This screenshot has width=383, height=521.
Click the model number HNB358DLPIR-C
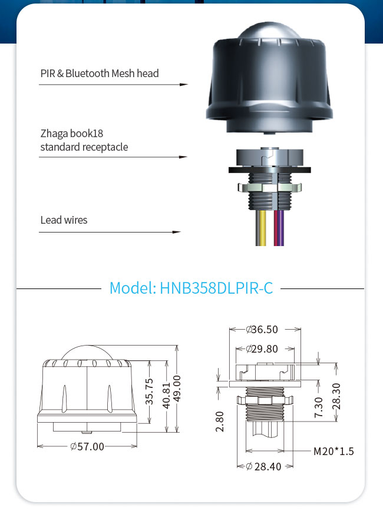(216, 288)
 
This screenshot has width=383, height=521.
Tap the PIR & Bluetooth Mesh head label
(100, 73)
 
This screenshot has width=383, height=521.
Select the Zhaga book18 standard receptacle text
(84, 140)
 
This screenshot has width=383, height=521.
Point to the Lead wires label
(64, 220)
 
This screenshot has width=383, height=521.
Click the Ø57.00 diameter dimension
(87, 446)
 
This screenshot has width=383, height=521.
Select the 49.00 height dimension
(177, 389)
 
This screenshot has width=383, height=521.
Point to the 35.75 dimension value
(150, 391)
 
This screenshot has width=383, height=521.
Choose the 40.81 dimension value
(166, 395)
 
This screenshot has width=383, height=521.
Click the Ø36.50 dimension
(262, 329)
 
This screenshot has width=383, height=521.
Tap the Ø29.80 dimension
(262, 349)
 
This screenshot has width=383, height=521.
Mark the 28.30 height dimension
(336, 396)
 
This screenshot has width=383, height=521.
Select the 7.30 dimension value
(319, 407)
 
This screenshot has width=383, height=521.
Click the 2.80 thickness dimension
(220, 422)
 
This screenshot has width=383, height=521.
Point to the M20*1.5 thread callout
(334, 451)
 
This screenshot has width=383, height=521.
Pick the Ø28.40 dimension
(263, 466)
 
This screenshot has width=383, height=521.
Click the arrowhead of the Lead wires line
(177, 232)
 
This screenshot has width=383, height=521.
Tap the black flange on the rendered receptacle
(270, 170)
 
